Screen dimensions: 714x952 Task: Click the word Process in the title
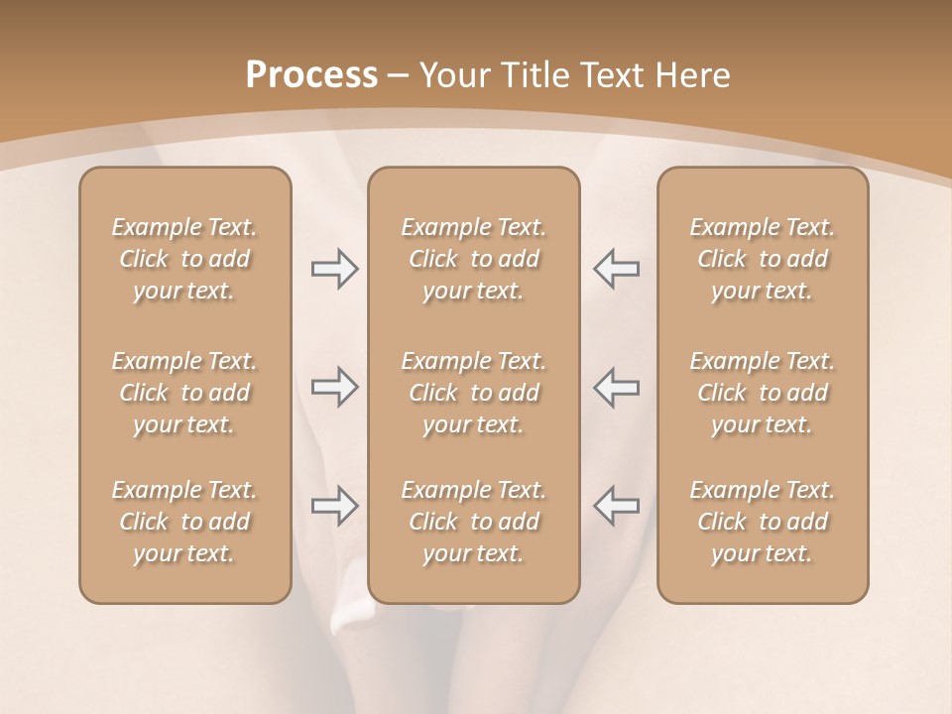[x=311, y=75]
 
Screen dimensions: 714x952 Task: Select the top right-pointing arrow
[x=334, y=269]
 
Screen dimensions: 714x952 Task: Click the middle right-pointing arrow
[x=334, y=387]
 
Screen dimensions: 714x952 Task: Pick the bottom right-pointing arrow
[x=334, y=506]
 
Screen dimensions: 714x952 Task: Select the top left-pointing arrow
[x=617, y=269]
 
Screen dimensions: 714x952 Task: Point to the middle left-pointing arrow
[x=617, y=387]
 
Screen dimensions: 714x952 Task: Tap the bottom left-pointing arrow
[x=617, y=506]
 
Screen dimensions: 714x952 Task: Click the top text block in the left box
[x=184, y=259]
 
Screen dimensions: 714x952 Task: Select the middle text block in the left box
[x=184, y=393]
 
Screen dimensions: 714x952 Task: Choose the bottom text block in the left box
[x=184, y=522]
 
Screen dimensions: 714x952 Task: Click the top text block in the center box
[x=473, y=259]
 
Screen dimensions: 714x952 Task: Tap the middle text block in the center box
[x=473, y=393]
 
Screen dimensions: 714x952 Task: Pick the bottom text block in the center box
[x=473, y=522]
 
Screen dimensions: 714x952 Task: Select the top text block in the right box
[x=762, y=259]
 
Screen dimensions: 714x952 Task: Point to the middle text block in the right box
[x=762, y=393]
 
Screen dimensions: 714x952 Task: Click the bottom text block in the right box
[x=762, y=522]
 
